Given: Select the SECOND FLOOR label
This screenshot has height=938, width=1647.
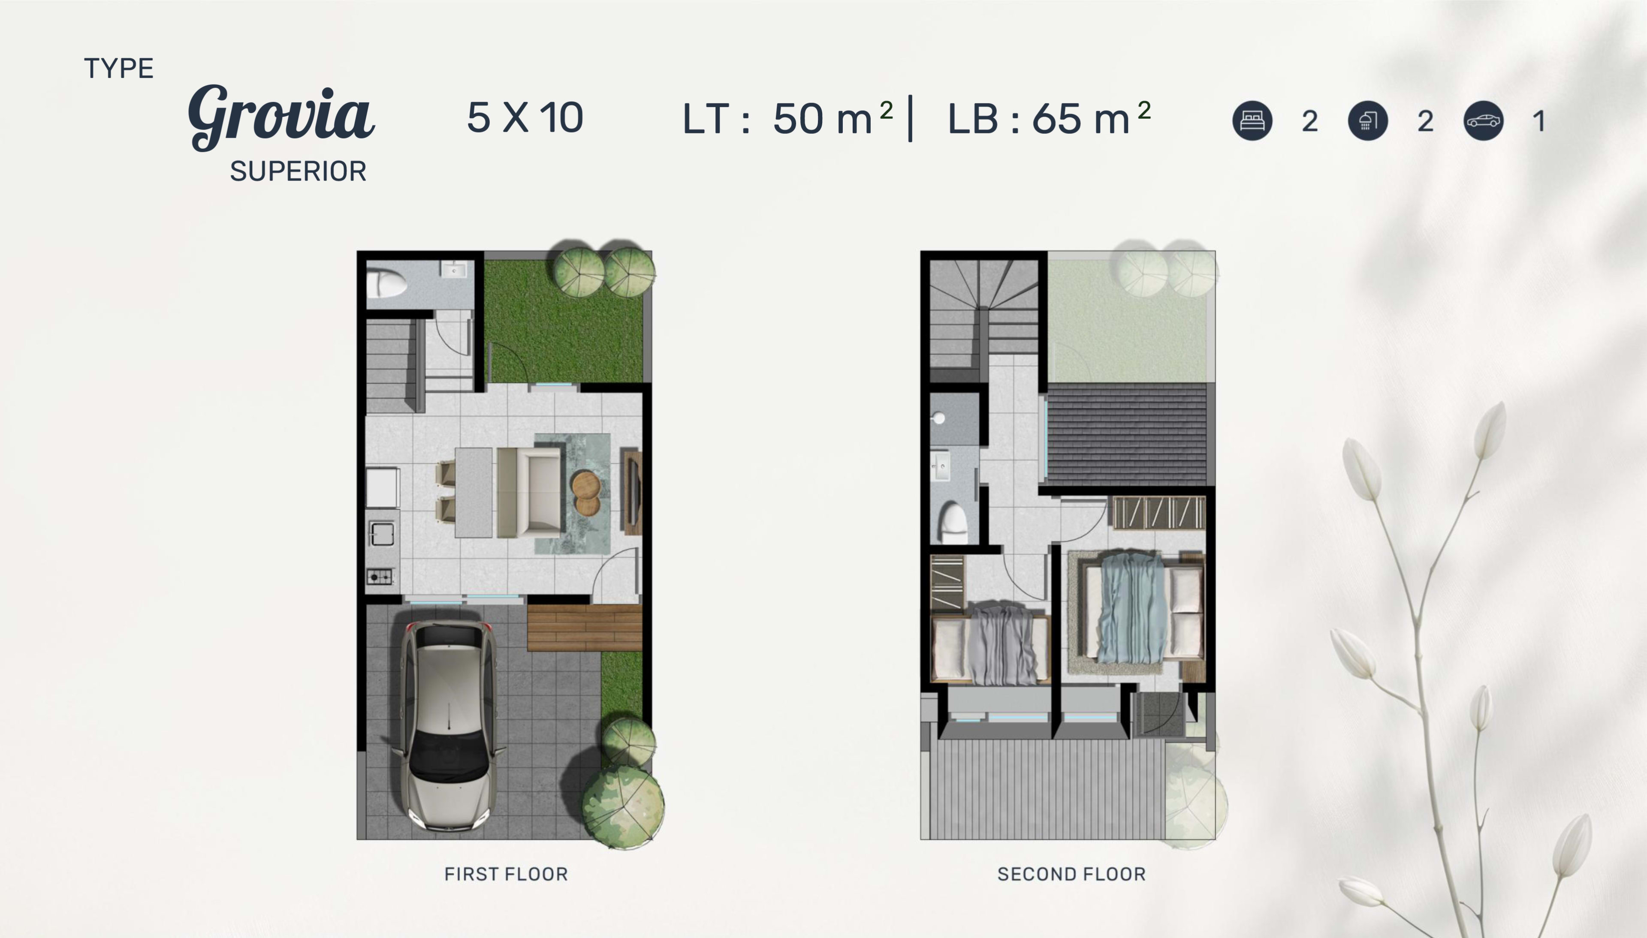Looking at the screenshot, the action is click(1071, 874).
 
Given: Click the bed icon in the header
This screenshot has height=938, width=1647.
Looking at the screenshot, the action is click(1252, 120).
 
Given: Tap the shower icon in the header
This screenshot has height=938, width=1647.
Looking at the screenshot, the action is click(1367, 120).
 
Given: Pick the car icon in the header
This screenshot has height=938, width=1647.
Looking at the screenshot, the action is click(1483, 120).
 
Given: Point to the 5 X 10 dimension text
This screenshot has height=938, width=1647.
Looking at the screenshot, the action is click(525, 118).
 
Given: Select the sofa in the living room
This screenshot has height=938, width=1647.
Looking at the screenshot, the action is click(529, 493).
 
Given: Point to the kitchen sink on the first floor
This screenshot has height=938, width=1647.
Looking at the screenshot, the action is click(382, 533).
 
